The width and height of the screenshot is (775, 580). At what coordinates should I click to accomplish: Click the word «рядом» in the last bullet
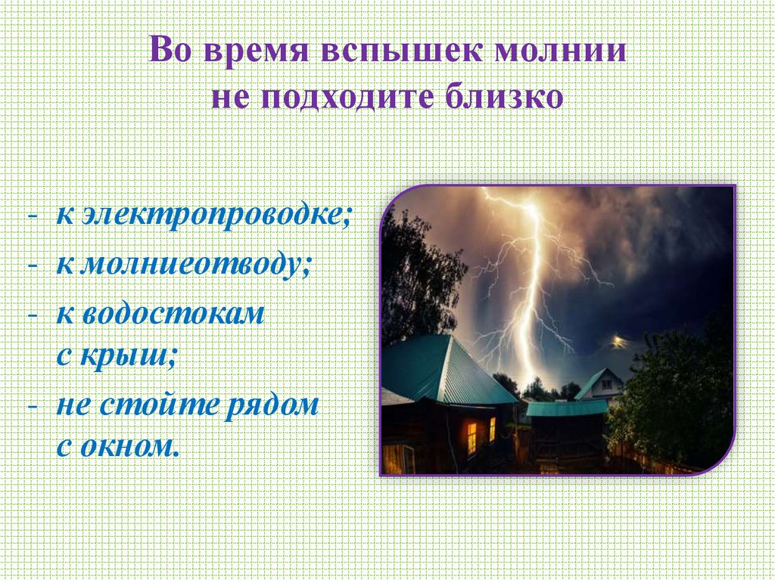click(273, 405)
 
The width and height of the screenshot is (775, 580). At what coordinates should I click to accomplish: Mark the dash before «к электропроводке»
click(33, 218)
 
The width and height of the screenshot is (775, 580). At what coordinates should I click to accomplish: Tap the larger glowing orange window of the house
click(472, 437)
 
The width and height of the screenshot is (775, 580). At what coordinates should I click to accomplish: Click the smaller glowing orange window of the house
click(492, 429)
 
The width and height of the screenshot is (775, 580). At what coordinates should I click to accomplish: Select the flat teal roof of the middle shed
click(566, 408)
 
